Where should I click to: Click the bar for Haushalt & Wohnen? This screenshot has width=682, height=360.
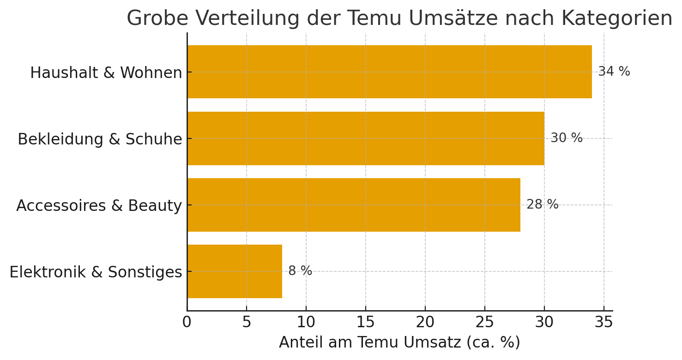[x=389, y=72]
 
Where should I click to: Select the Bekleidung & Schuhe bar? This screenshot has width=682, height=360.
[x=366, y=138]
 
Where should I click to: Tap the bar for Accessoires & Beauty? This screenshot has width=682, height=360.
[x=354, y=204]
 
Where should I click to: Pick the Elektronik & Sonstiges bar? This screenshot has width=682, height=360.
[x=235, y=271]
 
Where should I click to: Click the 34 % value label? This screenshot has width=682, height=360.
[x=614, y=72]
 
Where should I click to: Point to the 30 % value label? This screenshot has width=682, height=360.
[x=566, y=138]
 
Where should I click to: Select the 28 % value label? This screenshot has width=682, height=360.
[x=542, y=204]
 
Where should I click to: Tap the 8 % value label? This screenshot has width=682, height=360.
[x=300, y=271]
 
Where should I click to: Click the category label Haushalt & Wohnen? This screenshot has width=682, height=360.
[x=106, y=73]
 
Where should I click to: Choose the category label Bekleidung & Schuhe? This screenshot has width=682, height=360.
[x=100, y=139]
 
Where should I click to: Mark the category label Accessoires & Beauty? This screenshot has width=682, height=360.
[x=99, y=206]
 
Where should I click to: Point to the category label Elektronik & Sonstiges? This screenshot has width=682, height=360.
[x=96, y=272]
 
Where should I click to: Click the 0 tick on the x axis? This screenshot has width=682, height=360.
[x=187, y=322]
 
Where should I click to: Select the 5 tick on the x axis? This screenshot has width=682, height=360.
[x=247, y=322]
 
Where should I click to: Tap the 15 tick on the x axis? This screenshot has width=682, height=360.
[x=366, y=322]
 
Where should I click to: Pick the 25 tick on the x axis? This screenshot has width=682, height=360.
[x=485, y=322]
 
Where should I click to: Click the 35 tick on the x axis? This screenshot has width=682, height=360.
[x=604, y=322]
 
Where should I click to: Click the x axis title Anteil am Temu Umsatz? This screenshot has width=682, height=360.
[x=399, y=342]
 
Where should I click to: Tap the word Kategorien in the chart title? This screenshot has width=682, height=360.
[x=616, y=19]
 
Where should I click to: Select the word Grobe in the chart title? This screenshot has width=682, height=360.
[x=157, y=19]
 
